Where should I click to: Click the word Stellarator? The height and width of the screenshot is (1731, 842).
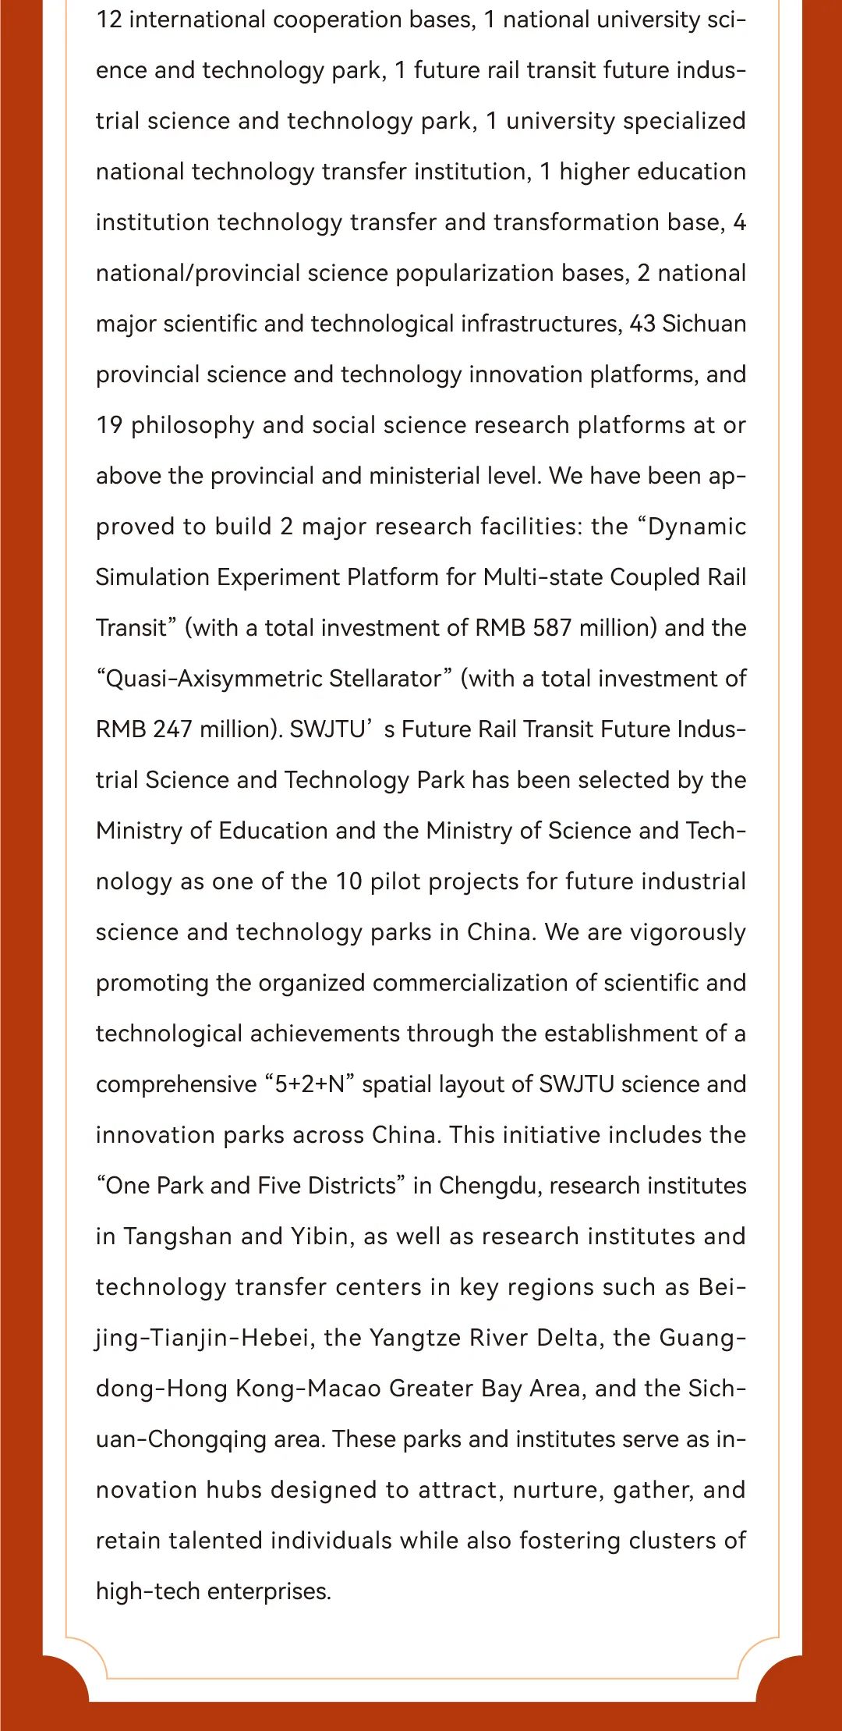390,679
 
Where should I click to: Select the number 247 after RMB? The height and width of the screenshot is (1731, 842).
172,729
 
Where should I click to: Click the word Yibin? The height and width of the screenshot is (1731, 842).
320,1236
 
